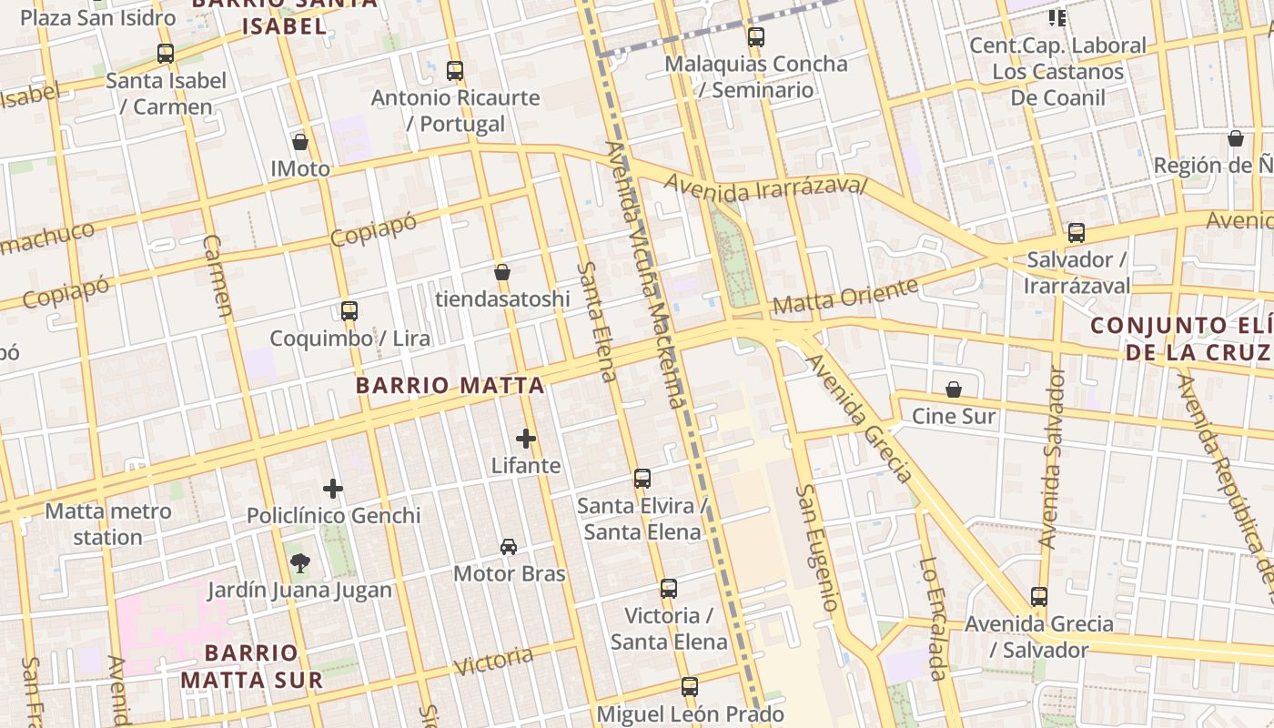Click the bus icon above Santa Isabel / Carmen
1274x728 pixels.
[x=165, y=54]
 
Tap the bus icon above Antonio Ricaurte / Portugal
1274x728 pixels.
[x=455, y=70]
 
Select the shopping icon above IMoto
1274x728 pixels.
[x=300, y=142]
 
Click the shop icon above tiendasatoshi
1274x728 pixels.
[x=501, y=272]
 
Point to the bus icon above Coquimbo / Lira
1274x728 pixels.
[x=349, y=311]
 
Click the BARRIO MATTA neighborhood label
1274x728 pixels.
[x=450, y=386]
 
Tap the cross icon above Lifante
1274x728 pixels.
[x=526, y=439]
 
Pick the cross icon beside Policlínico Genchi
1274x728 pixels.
[x=333, y=489]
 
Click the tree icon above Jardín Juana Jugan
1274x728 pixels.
[x=299, y=563]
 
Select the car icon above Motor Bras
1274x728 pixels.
[x=509, y=547]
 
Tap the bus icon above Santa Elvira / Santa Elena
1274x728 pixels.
[x=642, y=479]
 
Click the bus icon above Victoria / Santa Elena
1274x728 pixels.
[x=669, y=589]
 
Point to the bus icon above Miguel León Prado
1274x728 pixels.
[x=690, y=687]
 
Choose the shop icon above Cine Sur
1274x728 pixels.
[x=954, y=389]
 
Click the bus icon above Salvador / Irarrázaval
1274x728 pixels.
[x=1077, y=233]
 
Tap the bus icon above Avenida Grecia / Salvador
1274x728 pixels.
[x=1039, y=597]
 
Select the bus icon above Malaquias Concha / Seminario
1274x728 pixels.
[x=756, y=37]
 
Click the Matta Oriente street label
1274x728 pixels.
[x=844, y=298]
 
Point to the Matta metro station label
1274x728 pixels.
[x=108, y=524]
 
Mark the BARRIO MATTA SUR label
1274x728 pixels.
[x=251, y=666]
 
